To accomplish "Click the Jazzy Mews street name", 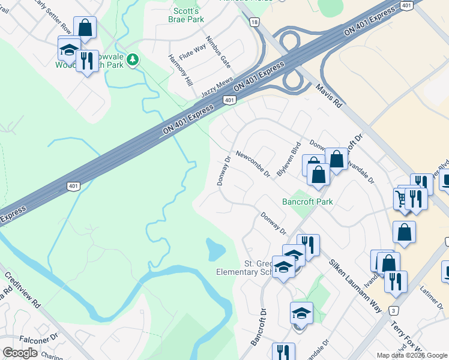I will [217, 88].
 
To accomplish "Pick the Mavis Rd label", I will [329, 95].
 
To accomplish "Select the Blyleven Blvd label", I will [289, 158].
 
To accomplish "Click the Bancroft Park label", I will [307, 202].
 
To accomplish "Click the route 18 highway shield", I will [255, 22].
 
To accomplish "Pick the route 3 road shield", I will [394, 310].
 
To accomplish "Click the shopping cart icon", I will [402, 197].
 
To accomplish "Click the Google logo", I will [20, 353].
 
